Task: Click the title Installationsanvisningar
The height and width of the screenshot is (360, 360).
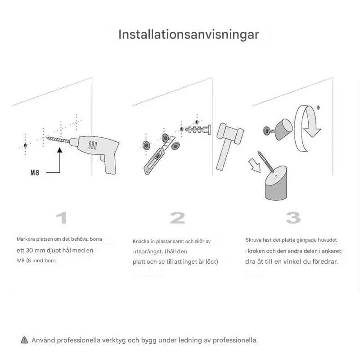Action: [x=189, y=35]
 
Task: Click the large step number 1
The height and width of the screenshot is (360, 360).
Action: [x=62, y=218]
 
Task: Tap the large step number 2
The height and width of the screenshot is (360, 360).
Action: [x=177, y=218]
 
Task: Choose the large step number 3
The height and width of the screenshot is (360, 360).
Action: [x=293, y=218]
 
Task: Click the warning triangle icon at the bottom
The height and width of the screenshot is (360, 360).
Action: [x=24, y=340]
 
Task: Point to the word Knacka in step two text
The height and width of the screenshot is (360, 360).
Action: [x=142, y=242]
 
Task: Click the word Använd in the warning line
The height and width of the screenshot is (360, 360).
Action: [x=43, y=340]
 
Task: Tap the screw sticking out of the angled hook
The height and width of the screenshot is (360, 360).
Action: [x=264, y=162]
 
